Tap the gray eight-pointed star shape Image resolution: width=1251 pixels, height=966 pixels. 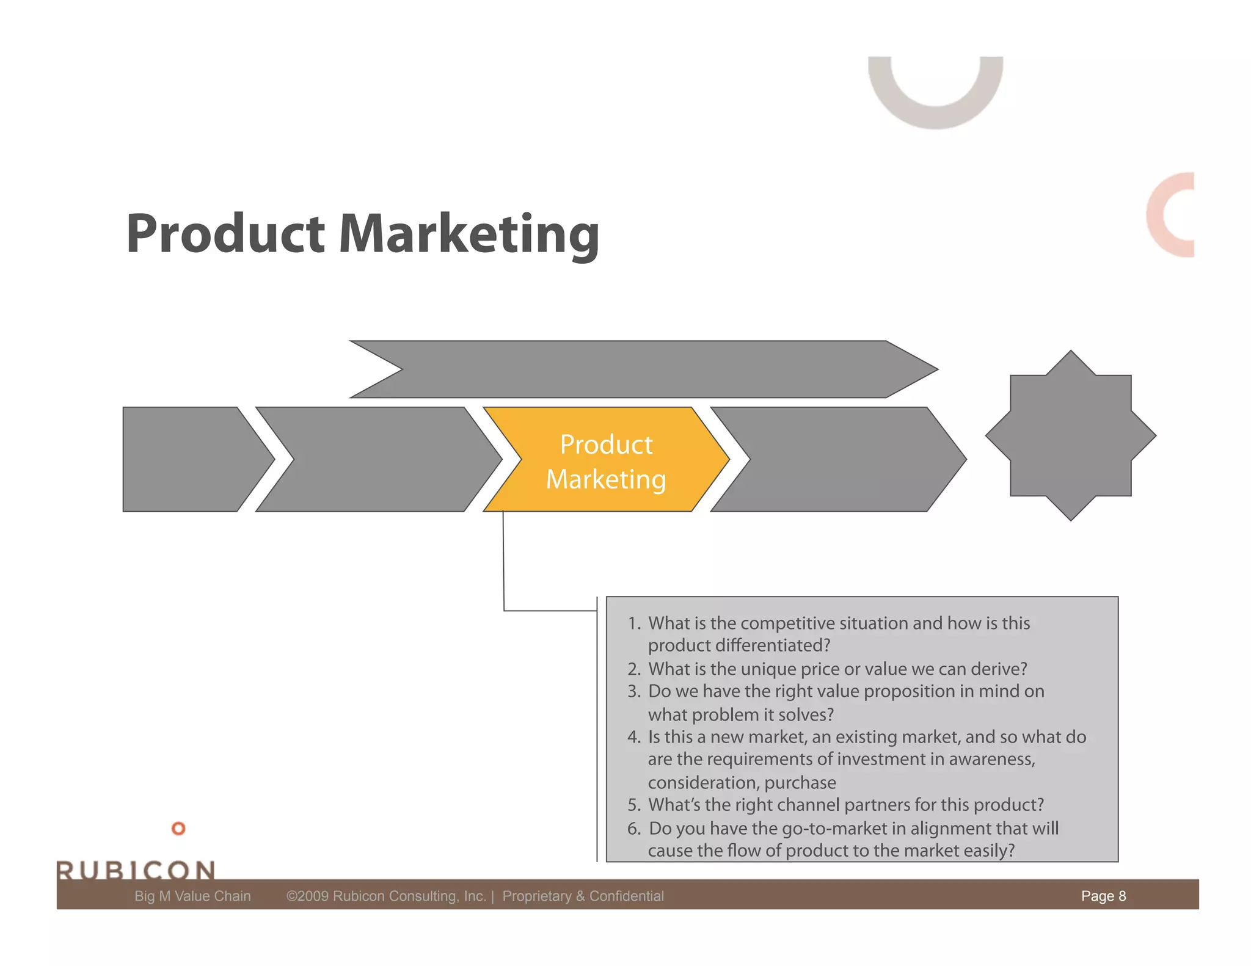[1070, 435]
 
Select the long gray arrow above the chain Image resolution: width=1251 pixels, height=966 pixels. [641, 369]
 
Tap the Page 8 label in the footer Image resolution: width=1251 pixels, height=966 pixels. [1103, 896]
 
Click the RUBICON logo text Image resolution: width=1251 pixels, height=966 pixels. [136, 870]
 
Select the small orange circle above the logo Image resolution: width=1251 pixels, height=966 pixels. [178, 829]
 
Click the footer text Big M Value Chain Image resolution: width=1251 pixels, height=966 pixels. [192, 896]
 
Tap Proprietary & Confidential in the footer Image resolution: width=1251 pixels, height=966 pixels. [583, 896]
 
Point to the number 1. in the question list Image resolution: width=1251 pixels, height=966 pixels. [634, 623]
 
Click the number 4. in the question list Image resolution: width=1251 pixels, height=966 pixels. [634, 738]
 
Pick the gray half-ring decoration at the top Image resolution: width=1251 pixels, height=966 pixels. [935, 98]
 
